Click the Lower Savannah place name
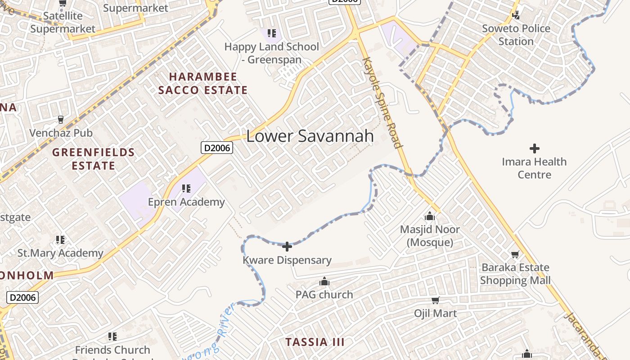pos(310,136)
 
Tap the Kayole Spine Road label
pos(382,103)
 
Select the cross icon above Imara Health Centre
pos(535,148)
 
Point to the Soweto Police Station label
pos(516,35)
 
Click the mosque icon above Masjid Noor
pos(430,216)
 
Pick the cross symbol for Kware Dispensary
pos(287,247)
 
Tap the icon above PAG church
pos(324,282)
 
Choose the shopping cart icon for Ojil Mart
pos(435,300)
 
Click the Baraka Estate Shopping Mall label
pos(515,274)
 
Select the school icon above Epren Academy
pos(186,189)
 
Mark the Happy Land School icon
pos(271,33)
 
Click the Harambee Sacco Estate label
pos(203,83)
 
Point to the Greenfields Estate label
pos(94,159)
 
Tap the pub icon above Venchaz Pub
pos(61,120)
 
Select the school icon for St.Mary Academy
pos(60,240)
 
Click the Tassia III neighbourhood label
pos(315,342)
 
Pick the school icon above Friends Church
pos(112,337)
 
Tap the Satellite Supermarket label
pos(63,22)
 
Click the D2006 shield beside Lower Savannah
pos(217,148)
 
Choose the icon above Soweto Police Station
pos(516,15)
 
